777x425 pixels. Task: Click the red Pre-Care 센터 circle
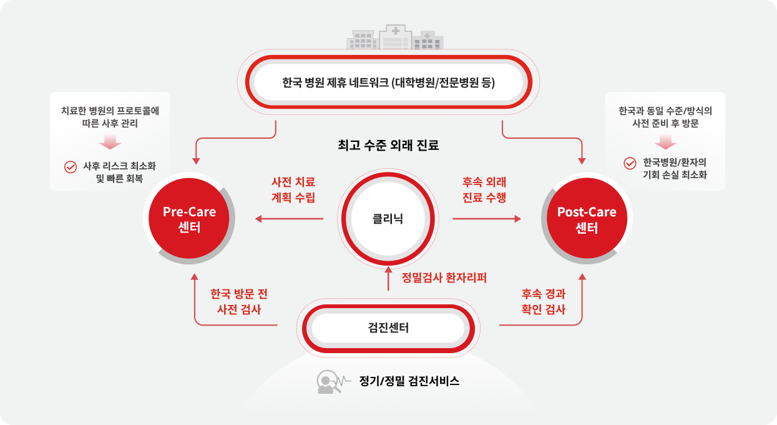(189, 219)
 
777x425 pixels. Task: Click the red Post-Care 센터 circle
(586, 219)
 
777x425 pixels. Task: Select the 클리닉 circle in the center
(388, 219)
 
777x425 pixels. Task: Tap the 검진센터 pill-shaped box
(388, 327)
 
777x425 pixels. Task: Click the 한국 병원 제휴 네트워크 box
(388, 82)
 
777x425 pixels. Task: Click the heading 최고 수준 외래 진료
(388, 146)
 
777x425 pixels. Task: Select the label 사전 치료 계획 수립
(293, 189)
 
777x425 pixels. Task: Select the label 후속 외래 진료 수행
(484, 189)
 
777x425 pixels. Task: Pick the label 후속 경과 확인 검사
(543, 301)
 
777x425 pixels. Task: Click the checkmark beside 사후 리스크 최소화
(70, 167)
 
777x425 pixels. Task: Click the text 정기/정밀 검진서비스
(409, 381)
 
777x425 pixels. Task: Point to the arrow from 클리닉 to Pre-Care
(290, 219)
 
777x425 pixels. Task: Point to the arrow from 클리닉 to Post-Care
(487, 219)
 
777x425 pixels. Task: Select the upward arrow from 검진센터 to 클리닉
(388, 279)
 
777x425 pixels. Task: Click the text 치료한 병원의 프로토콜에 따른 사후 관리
(110, 117)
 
